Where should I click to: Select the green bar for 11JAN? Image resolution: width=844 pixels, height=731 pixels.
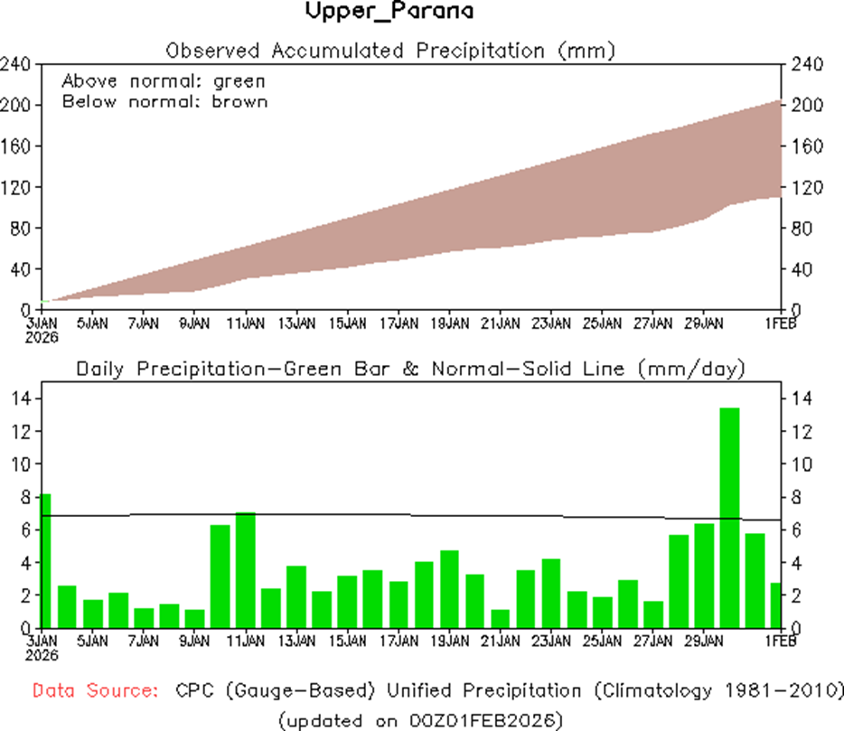click(x=246, y=569)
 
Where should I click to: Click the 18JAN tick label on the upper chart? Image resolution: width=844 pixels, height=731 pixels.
click(x=449, y=323)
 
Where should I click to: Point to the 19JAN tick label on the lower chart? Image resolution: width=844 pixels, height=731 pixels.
click(x=449, y=641)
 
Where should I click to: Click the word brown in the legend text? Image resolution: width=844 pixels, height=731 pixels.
click(x=239, y=101)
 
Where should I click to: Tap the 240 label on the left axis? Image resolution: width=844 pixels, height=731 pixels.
click(x=17, y=64)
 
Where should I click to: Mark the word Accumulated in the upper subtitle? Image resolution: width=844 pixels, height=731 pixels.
click(x=339, y=50)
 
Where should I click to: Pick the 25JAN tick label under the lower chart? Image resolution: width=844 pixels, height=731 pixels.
click(x=602, y=641)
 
